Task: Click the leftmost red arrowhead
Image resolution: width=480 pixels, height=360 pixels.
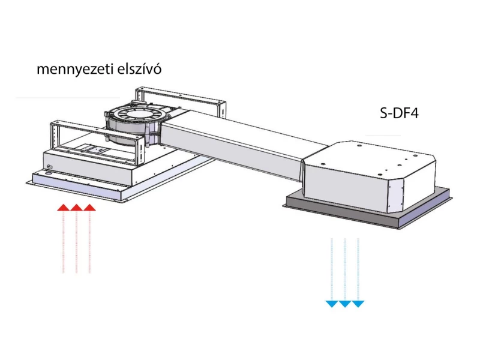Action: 63,208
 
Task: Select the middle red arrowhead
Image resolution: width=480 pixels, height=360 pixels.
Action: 76,208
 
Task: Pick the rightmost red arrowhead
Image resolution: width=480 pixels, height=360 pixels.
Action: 89,208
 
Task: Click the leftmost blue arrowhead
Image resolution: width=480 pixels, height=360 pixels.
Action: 331,304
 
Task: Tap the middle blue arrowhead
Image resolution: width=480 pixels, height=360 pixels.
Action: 344,304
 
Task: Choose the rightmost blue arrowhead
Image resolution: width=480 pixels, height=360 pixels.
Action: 358,304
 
